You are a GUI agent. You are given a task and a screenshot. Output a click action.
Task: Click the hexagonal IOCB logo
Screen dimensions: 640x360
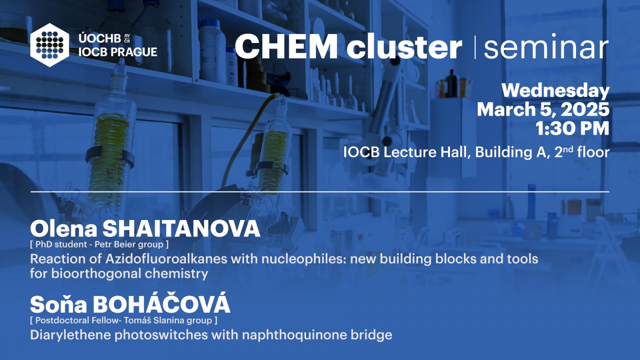point(50,45)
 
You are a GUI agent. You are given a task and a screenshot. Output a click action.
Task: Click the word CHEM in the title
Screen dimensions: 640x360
point(286,46)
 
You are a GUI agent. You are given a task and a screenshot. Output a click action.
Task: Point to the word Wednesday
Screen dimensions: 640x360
point(556,90)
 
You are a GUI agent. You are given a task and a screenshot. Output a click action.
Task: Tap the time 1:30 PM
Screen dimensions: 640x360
point(572,128)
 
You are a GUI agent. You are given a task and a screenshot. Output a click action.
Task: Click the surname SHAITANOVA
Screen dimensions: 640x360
point(182,229)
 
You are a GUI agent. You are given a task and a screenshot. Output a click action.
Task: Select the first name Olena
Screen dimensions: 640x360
point(64,229)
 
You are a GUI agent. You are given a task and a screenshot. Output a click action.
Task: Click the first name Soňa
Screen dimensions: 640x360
point(58,304)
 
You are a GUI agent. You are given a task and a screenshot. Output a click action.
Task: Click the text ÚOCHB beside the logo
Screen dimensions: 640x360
point(100,38)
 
